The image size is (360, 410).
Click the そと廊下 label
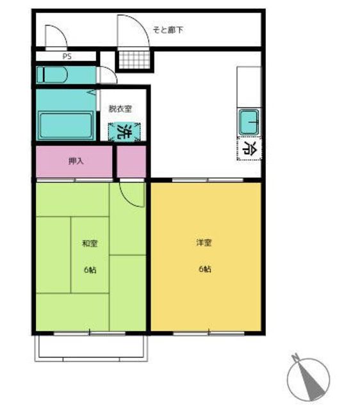[168, 30]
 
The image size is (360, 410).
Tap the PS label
[67, 56]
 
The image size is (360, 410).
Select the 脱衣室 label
[120, 108]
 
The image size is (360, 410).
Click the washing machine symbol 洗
[124, 132]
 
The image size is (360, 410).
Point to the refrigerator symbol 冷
[249, 148]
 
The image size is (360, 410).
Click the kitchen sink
[249, 122]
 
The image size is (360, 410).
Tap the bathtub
[65, 126]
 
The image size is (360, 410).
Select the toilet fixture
[52, 75]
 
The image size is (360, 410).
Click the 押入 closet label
[76, 161]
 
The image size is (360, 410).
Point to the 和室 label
[90, 243]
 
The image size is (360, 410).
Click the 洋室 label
[204, 243]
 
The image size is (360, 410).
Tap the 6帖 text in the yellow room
[205, 268]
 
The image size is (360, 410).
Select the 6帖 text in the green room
[90, 269]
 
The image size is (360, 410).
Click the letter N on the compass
[295, 357]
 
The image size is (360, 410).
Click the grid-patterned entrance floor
[135, 60]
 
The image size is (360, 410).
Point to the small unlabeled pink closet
[131, 161]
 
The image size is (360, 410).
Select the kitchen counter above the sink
[249, 87]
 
